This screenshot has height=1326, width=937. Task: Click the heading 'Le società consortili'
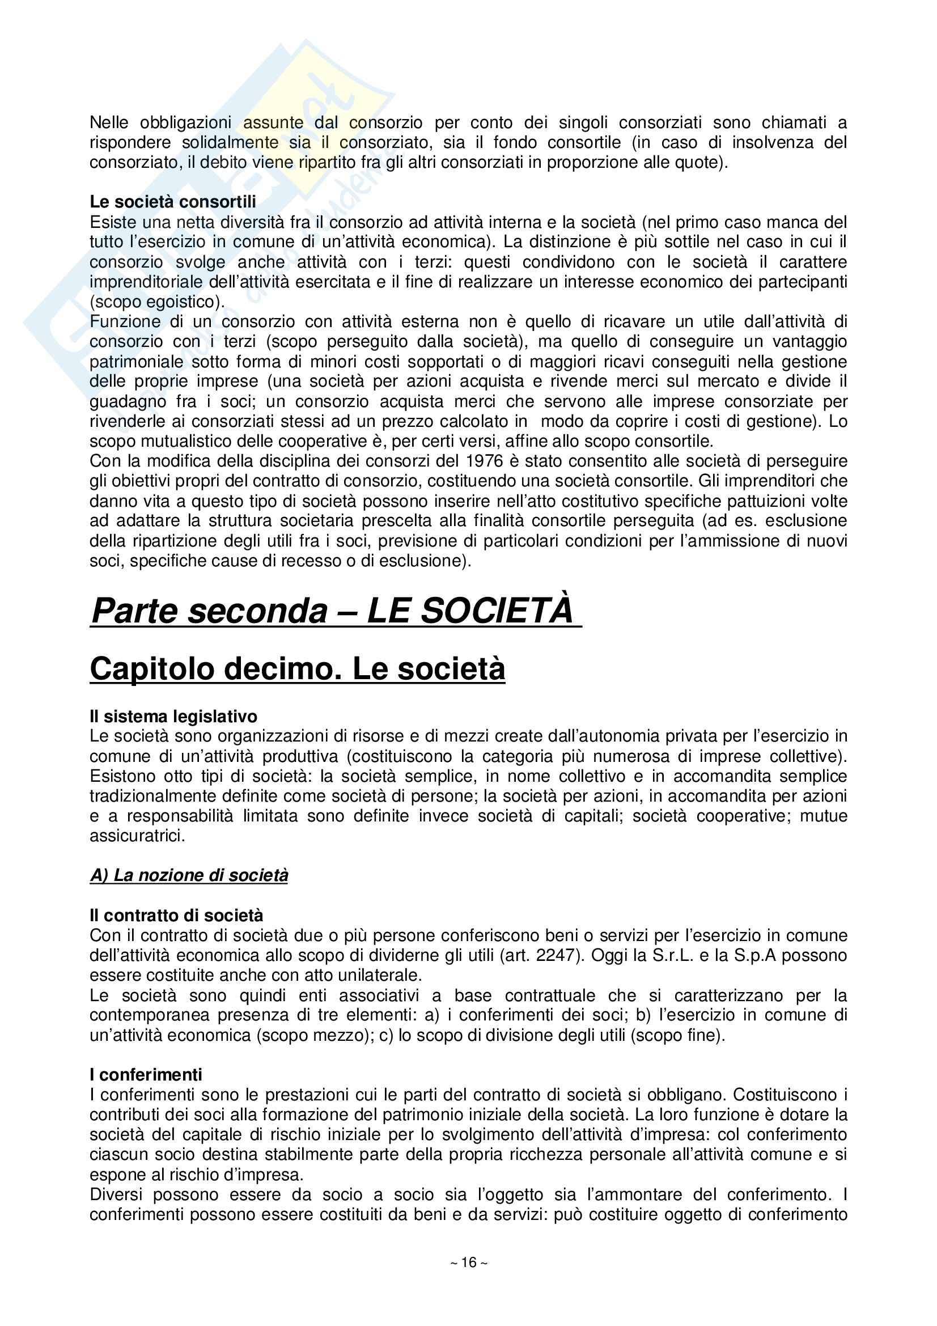pos(173,202)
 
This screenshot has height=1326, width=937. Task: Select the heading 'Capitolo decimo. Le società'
pos(298,670)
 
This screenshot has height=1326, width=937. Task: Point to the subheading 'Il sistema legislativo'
pos(173,717)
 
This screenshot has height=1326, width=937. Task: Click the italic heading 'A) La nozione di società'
pos(189,875)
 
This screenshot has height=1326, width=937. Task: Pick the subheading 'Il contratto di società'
pos(176,916)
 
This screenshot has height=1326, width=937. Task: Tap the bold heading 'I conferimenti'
pos(146,1075)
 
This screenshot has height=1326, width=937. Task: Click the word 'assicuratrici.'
pos(137,836)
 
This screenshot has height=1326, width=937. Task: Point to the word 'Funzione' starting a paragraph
pos(125,321)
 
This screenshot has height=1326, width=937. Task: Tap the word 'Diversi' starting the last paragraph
pos(117,1194)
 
